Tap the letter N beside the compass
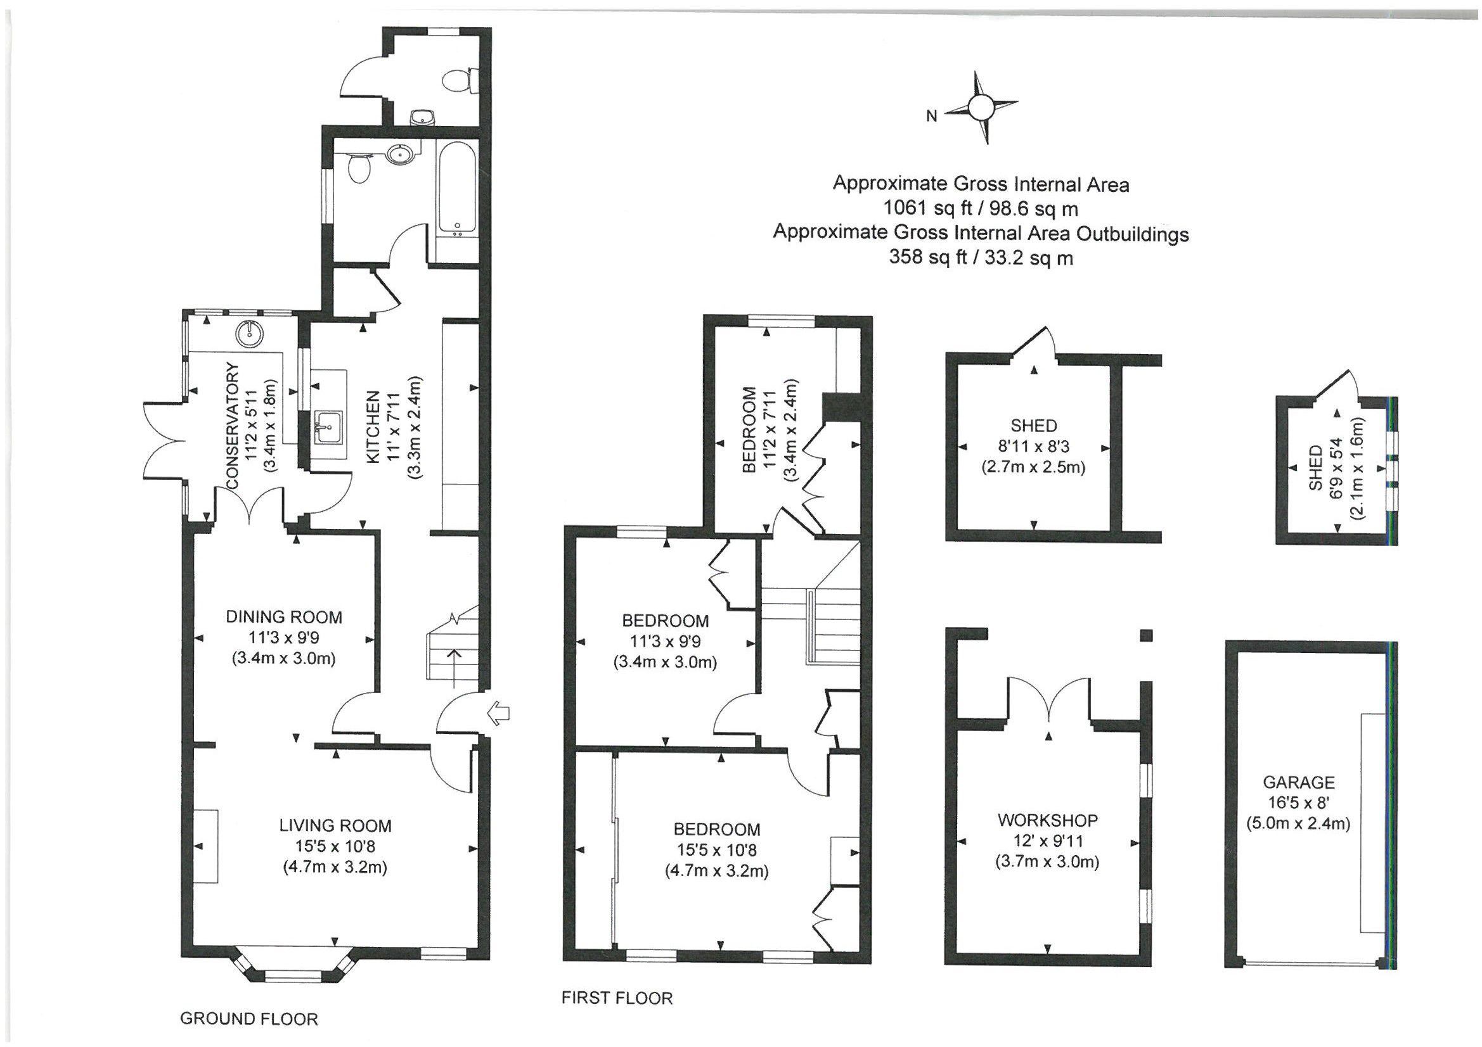coord(931,116)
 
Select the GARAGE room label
coord(1298,782)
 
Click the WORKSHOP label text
coord(1047,821)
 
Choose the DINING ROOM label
coord(283,618)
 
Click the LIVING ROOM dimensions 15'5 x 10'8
coord(335,846)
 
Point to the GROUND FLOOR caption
coord(248,1019)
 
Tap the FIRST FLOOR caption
coord(616,999)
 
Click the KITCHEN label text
coord(373,426)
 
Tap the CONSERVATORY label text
coord(233,426)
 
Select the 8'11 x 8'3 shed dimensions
coord(1033,446)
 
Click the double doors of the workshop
coord(1048,700)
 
